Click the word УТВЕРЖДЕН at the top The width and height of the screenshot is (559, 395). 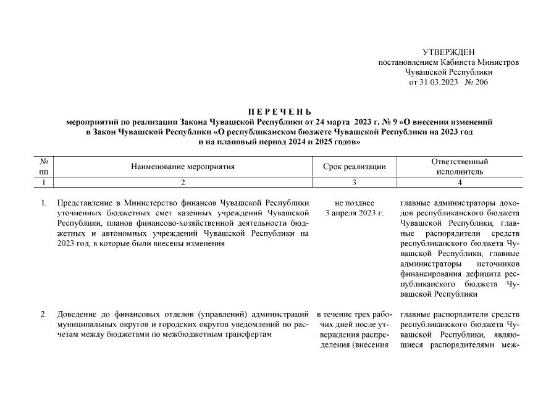[x=449, y=52]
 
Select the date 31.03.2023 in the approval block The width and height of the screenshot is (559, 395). [x=438, y=82]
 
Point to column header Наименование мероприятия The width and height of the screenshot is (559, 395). [x=183, y=167]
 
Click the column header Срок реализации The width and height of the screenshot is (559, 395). [x=355, y=167]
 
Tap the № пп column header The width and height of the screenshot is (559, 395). [x=44, y=167]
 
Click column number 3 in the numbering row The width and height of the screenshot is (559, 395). [x=355, y=183]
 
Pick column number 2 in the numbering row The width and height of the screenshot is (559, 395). [x=183, y=183]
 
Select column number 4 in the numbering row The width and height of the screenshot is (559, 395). [x=460, y=183]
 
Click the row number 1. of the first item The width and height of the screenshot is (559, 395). [x=44, y=202]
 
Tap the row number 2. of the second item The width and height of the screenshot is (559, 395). [x=44, y=315]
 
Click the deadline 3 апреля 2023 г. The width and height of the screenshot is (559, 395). [x=355, y=213]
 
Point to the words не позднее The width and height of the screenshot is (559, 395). [x=355, y=202]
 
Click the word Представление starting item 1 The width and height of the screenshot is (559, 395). [x=83, y=202]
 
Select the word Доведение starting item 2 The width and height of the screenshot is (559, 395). [x=77, y=315]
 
